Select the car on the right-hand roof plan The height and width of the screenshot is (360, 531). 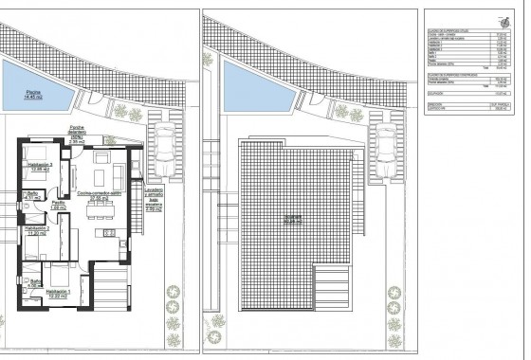pyautogui.click(x=387, y=148)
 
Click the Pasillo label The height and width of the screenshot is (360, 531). pyautogui.click(x=57, y=204)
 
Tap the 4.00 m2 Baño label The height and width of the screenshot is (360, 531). pyautogui.click(x=35, y=282)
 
